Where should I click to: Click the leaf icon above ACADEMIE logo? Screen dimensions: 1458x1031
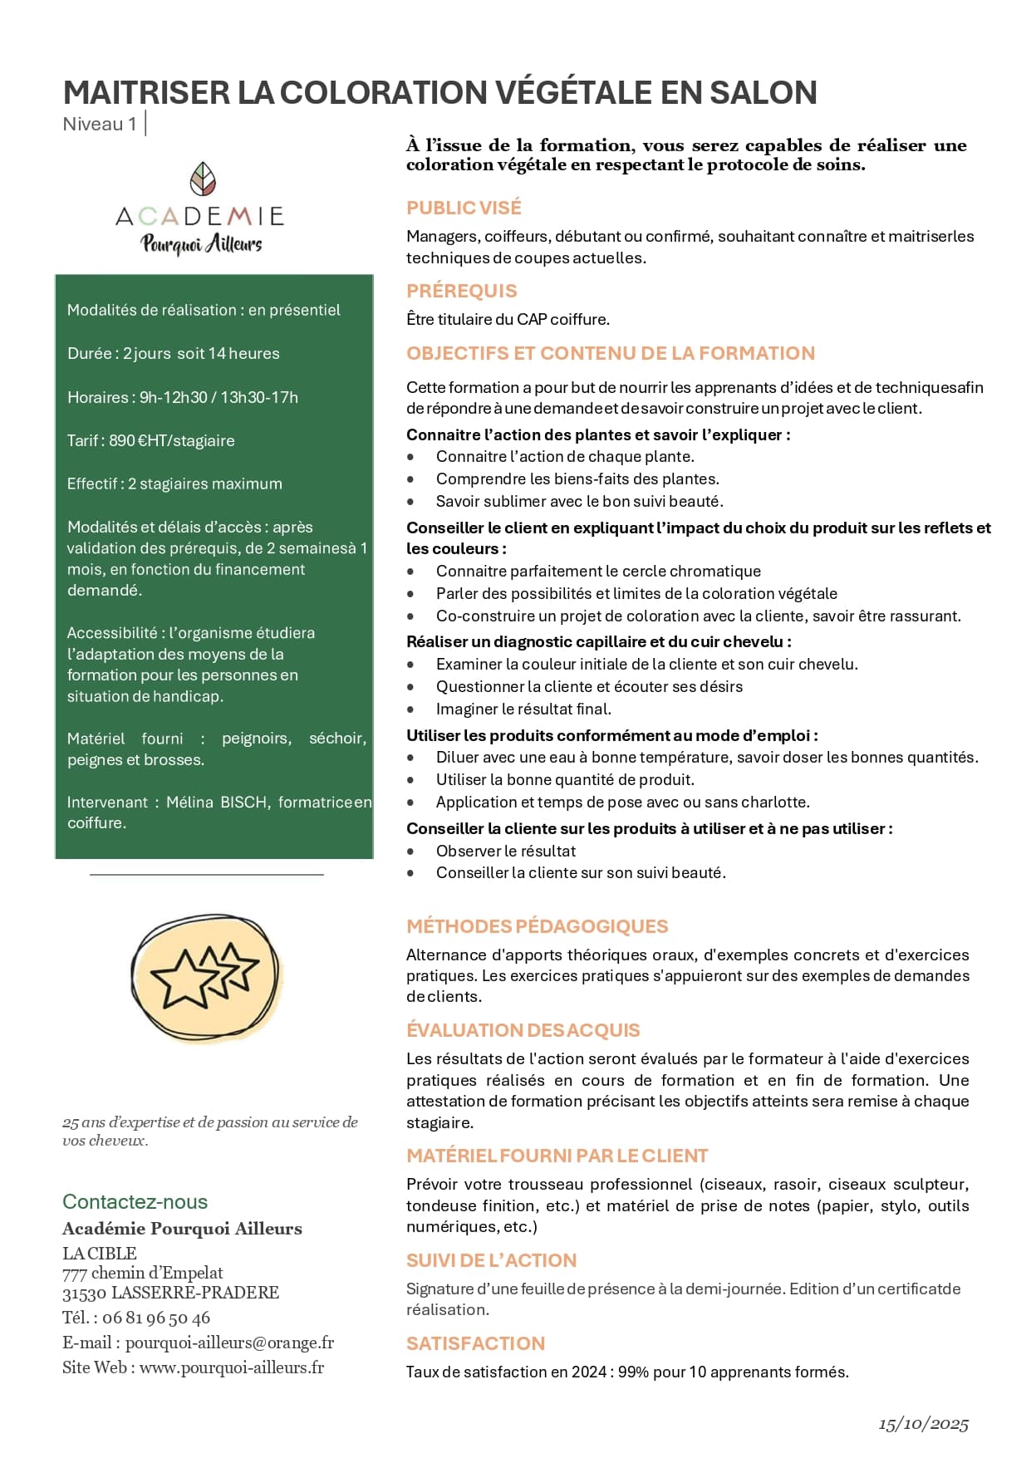tap(203, 179)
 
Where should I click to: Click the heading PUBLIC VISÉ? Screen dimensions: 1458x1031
tap(464, 208)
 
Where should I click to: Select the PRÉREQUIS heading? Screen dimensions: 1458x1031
tap(461, 291)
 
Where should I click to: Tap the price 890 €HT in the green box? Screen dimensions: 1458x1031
tap(138, 440)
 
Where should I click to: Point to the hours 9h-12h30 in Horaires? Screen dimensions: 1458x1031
tap(173, 397)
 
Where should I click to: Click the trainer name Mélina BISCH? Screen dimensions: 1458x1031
tap(217, 802)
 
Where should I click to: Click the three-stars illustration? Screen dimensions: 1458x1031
tap(206, 977)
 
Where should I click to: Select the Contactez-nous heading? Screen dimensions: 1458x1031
tap(135, 1201)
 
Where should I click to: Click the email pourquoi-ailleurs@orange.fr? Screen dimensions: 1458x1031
tap(229, 1343)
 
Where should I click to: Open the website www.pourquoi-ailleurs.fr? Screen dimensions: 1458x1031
tap(232, 1367)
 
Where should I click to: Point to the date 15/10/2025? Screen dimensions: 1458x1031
tap(923, 1424)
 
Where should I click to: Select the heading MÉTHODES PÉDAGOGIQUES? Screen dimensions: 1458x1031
tap(537, 926)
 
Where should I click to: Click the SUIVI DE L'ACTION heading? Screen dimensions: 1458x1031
tap(491, 1260)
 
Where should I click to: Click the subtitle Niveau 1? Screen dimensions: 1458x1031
tap(99, 124)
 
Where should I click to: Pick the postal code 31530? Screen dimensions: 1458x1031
tap(84, 1293)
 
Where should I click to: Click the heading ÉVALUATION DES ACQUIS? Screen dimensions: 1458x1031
tap(523, 1030)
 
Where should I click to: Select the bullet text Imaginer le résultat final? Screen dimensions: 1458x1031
tap(523, 709)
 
